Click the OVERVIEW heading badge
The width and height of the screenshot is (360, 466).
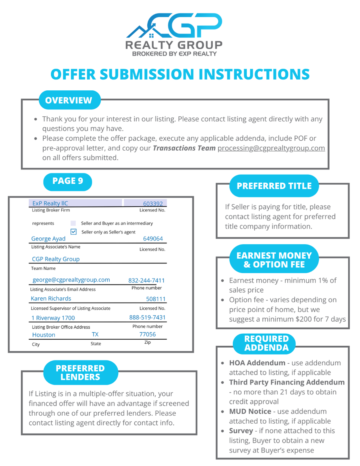tap(68, 100)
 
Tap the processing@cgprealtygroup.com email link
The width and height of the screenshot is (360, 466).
tap(271, 148)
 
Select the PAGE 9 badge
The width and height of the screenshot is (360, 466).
tap(68, 181)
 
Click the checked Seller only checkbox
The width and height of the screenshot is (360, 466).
tap(74, 232)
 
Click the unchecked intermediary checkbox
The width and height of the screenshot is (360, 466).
tap(73, 223)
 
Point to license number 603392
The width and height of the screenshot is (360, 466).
tap(154, 203)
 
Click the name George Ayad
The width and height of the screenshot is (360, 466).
tap(48, 239)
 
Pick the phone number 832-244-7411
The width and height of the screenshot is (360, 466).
tap(146, 280)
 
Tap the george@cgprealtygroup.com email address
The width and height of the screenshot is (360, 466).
tap(71, 280)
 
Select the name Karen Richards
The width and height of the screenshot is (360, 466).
tap(51, 299)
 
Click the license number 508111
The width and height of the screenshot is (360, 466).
tap(156, 299)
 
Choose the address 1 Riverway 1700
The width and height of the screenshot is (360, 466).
tap(53, 318)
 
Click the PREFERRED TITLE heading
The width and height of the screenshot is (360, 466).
tap(274, 186)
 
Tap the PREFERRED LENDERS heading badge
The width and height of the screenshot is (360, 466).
tap(80, 372)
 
